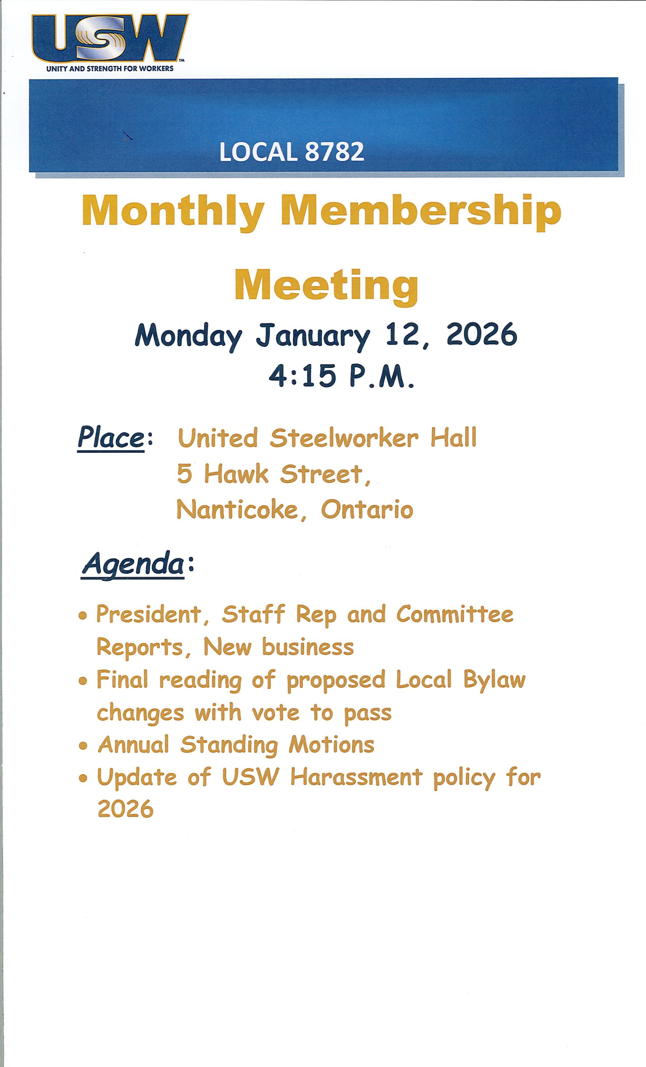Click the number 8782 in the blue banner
pos(335,152)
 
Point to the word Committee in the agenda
pos(455,615)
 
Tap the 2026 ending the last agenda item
pos(125,809)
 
